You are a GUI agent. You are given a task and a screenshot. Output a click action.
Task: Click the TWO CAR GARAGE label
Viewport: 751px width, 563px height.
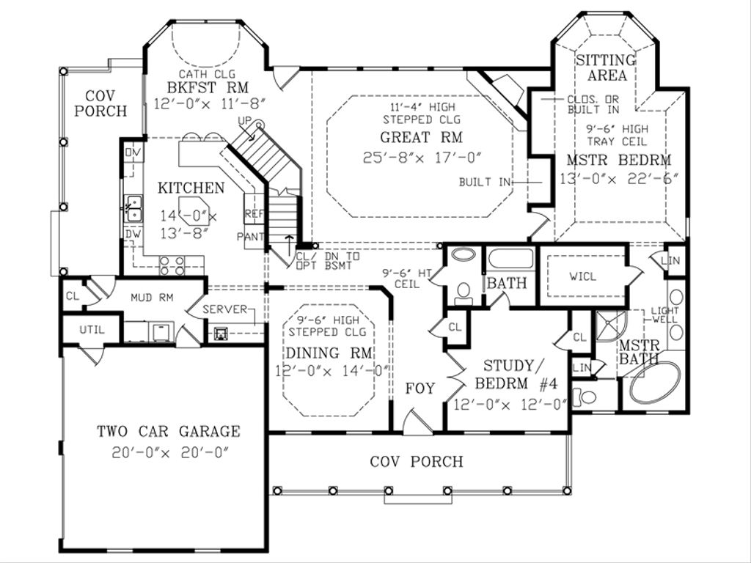(x=168, y=431)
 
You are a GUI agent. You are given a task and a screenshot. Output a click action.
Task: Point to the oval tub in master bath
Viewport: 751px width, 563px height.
(x=654, y=381)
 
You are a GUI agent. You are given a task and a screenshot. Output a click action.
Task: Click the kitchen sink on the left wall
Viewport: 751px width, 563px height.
(x=133, y=208)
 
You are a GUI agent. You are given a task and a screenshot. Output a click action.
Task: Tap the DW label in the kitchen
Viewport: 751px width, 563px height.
(x=132, y=234)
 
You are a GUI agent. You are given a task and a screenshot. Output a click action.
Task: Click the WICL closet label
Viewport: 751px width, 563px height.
(x=583, y=277)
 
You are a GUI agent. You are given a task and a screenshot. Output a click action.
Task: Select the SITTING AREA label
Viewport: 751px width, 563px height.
(x=606, y=67)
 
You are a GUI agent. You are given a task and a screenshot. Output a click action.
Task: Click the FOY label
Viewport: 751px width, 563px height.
(x=420, y=389)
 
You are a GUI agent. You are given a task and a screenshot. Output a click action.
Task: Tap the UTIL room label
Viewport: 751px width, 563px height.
(x=92, y=330)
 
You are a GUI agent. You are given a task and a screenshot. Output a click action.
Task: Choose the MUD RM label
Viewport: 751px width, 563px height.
(x=151, y=298)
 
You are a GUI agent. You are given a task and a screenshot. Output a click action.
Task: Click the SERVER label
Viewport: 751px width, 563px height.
(x=224, y=309)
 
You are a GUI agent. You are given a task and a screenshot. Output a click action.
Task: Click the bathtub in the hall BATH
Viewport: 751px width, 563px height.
(x=510, y=260)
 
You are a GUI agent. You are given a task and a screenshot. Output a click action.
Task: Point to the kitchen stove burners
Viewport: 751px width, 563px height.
(x=172, y=265)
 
